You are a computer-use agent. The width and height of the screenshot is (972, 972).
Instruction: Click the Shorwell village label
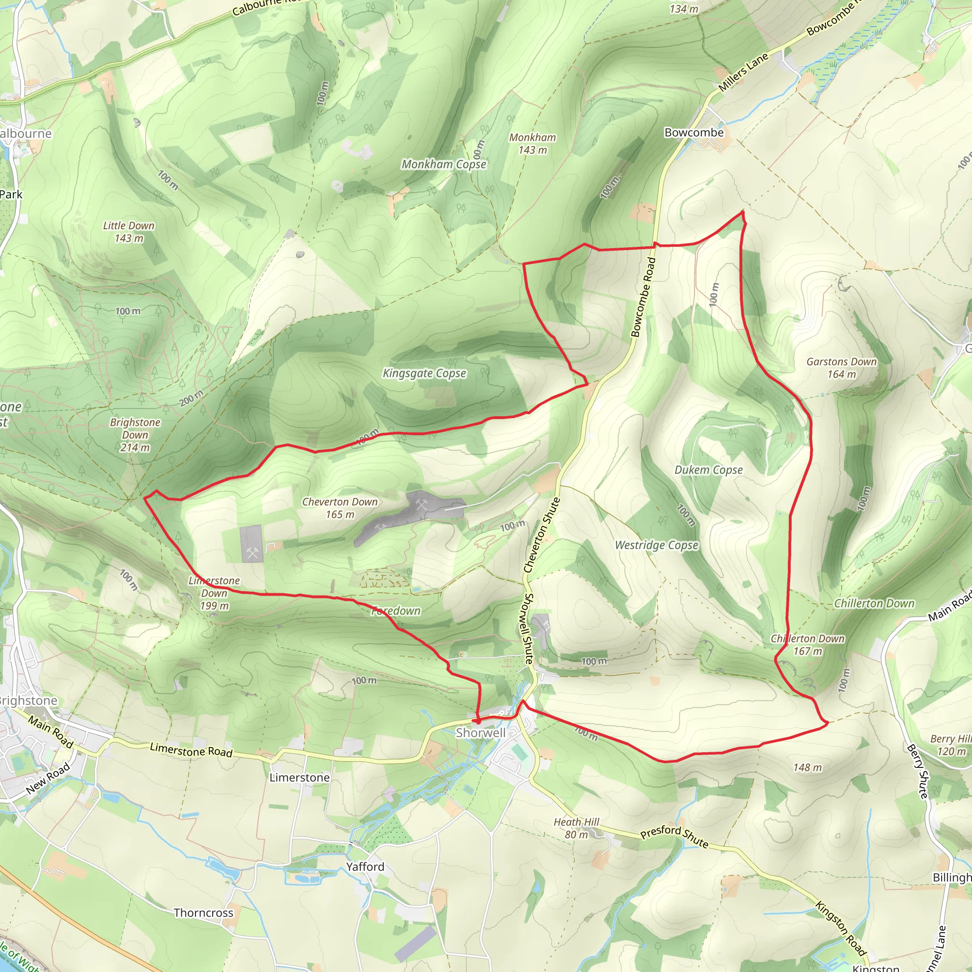pyautogui.click(x=480, y=732)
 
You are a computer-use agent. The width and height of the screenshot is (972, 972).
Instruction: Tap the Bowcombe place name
pyautogui.click(x=694, y=132)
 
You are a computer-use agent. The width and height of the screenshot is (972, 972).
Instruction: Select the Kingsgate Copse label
pyautogui.click(x=424, y=374)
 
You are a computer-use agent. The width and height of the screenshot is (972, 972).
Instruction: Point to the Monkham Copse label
pyautogui.click(x=444, y=164)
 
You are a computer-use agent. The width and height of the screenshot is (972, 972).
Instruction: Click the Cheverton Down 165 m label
pyautogui.click(x=340, y=508)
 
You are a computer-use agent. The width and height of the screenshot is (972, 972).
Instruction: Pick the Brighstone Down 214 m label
pyautogui.click(x=135, y=435)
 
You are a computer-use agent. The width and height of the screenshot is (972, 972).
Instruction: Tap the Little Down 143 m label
pyautogui.click(x=129, y=232)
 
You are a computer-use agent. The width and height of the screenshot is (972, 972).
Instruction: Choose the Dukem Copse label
pyautogui.click(x=709, y=470)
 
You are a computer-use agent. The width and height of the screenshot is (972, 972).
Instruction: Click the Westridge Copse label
pyautogui.click(x=656, y=545)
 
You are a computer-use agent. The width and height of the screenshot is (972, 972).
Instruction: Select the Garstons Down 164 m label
pyautogui.click(x=841, y=368)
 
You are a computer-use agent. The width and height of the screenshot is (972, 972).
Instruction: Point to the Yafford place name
pyautogui.click(x=365, y=866)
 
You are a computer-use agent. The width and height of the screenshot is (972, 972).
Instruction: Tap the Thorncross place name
pyautogui.click(x=203, y=913)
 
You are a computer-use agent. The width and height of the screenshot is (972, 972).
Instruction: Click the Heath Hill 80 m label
pyautogui.click(x=577, y=828)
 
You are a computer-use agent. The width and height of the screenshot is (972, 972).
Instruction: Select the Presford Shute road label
pyautogui.click(x=674, y=836)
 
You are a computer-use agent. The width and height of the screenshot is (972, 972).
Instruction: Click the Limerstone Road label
pyautogui.click(x=191, y=751)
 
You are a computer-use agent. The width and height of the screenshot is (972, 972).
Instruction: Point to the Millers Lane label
pyautogui.click(x=743, y=72)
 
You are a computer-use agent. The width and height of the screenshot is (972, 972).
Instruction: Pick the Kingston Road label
pyautogui.click(x=840, y=928)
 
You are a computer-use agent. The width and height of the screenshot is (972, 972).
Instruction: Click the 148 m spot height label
pyautogui.click(x=807, y=767)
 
